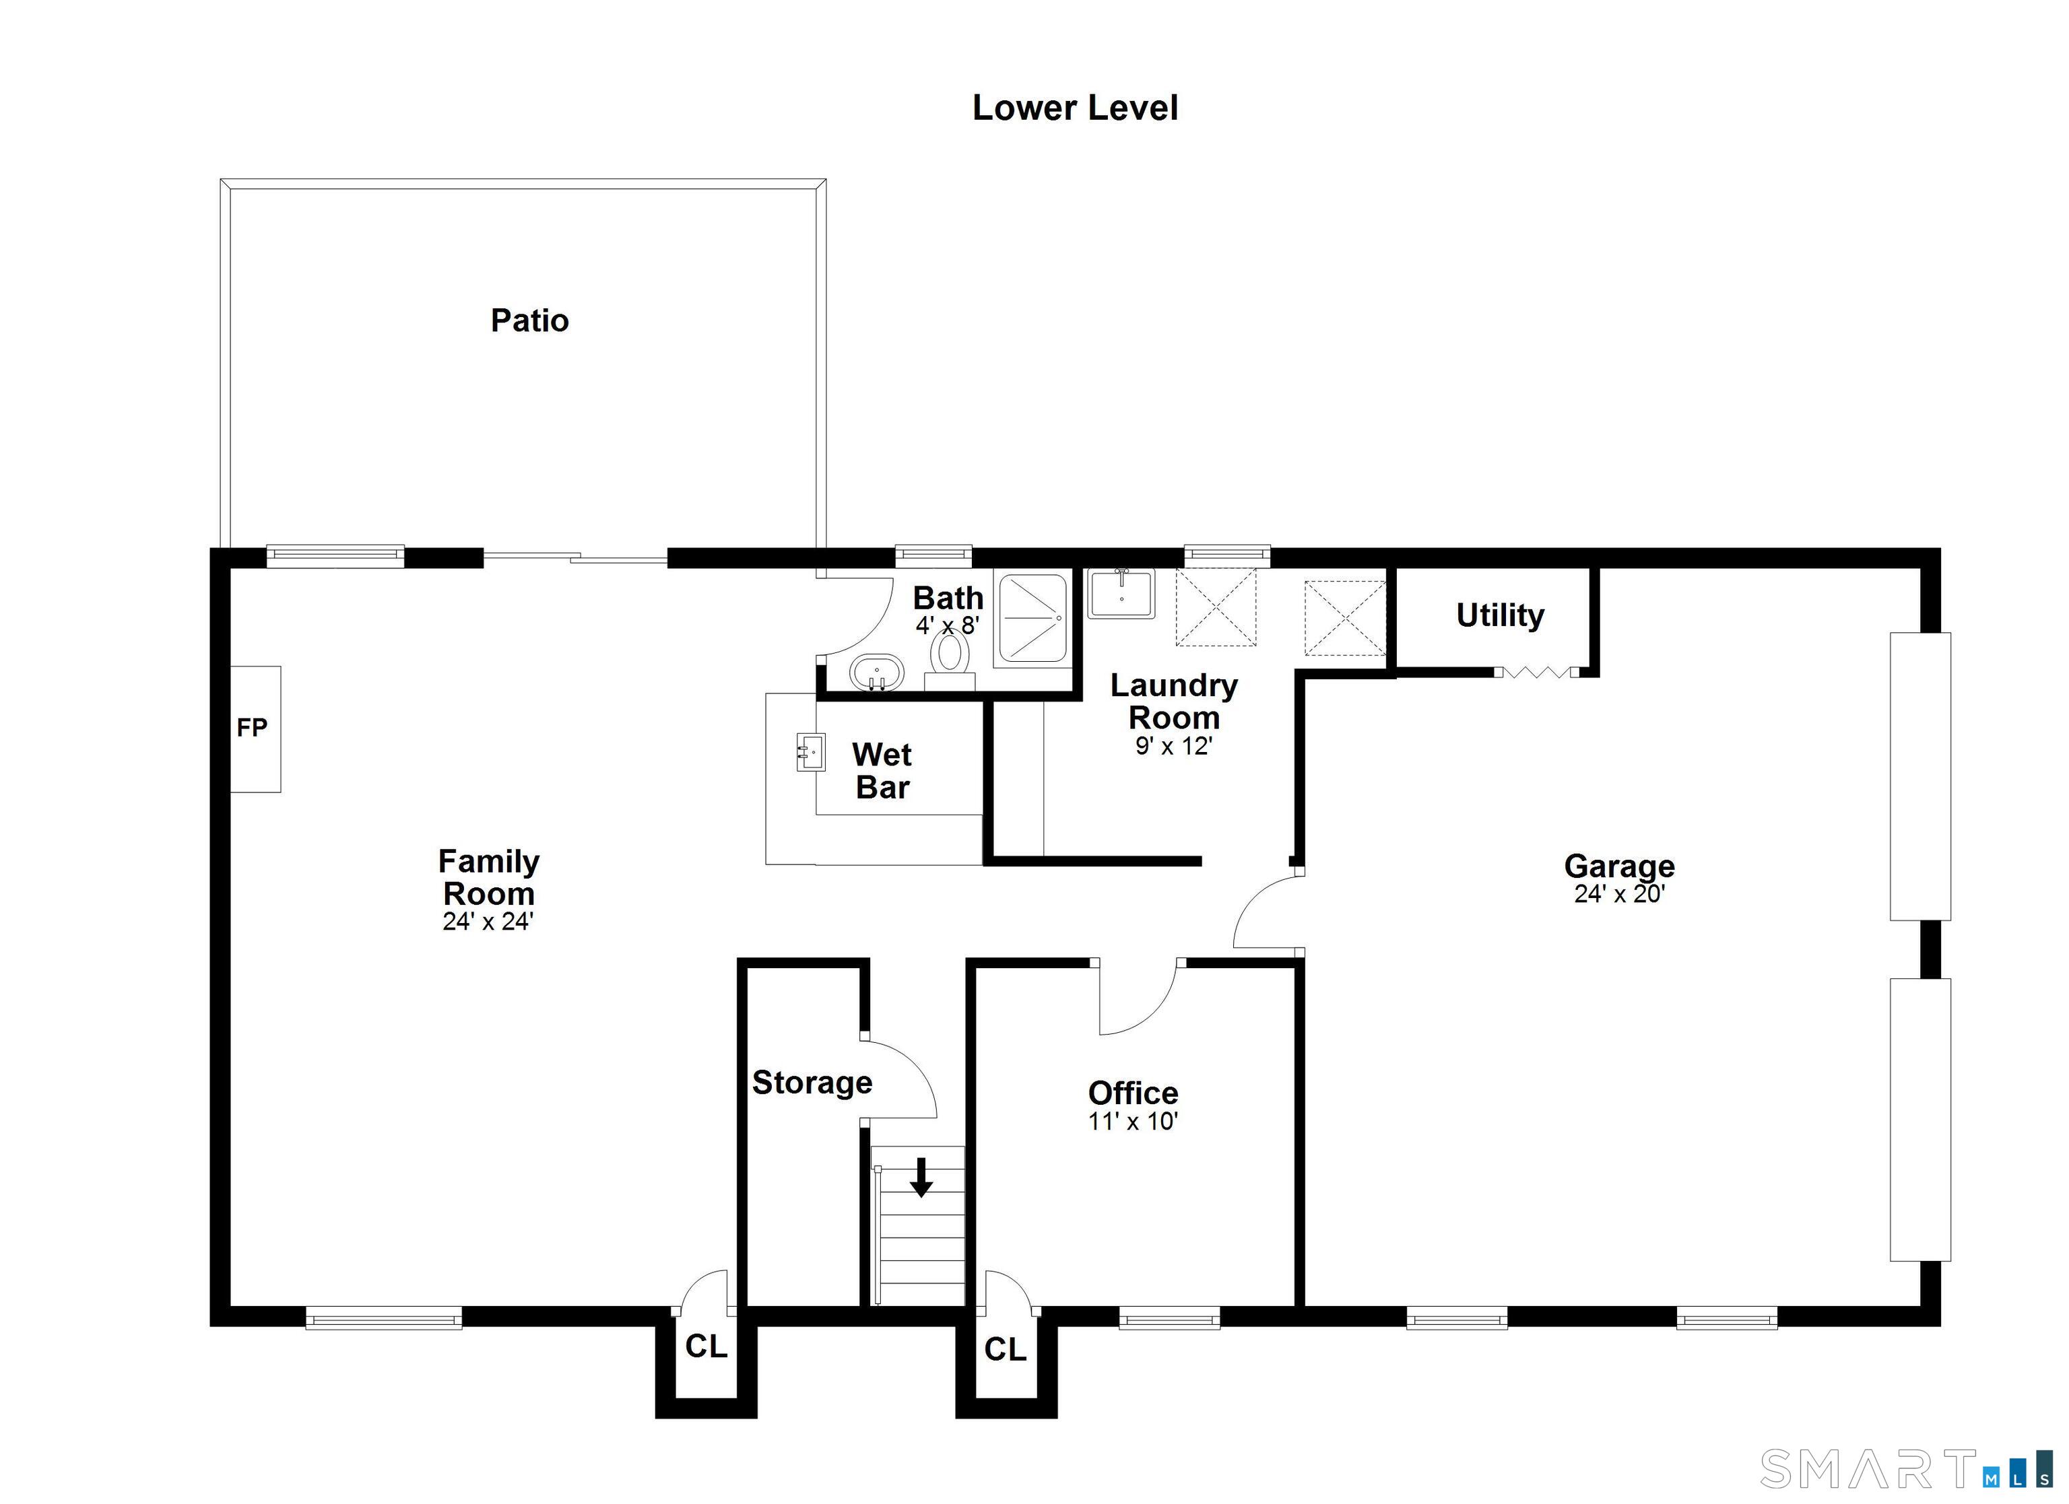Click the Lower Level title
tap(1075, 108)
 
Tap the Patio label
tap(529, 320)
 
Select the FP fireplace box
tap(255, 728)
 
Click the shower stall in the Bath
tap(1032, 617)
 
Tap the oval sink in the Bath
tap(877, 673)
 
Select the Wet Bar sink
tap(811, 751)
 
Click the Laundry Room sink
tap(1121, 593)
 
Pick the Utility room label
tap(1500, 615)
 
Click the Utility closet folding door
tap(1537, 672)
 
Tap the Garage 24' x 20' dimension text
tap(1619, 894)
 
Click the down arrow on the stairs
tap(921, 1177)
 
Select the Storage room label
tap(812, 1083)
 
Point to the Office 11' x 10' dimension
tap(1133, 1121)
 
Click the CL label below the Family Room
tap(706, 1346)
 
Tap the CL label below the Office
tap(1006, 1349)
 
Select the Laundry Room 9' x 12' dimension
tap(1173, 746)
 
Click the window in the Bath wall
tap(933, 555)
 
